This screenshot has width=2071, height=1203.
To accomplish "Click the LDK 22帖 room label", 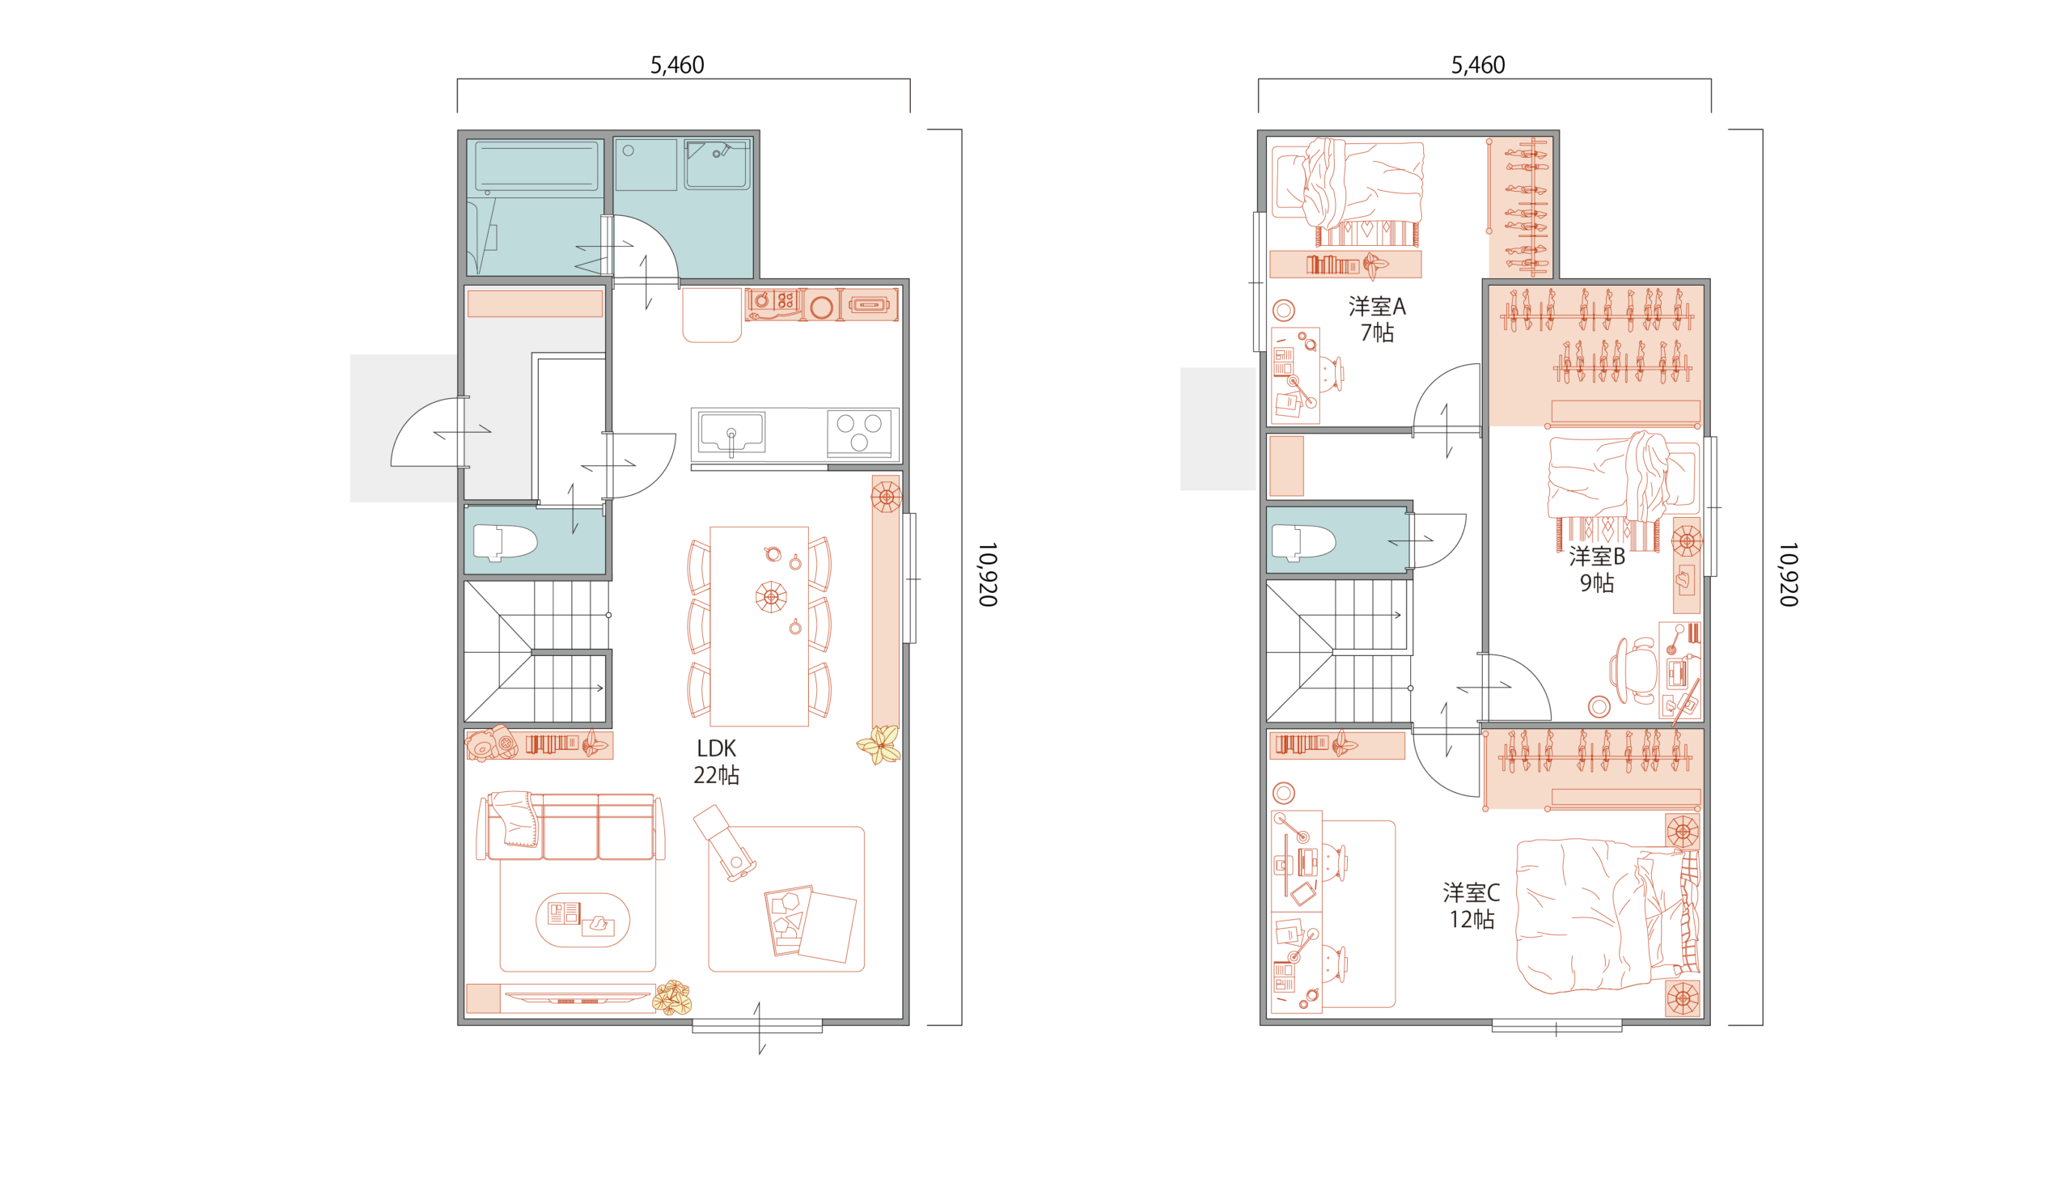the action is [x=716, y=762].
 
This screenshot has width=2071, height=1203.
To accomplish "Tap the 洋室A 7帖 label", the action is [x=1378, y=320].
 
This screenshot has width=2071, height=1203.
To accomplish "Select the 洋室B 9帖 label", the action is [x=1597, y=570].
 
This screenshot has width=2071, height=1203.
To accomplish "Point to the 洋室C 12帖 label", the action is [x=1471, y=906].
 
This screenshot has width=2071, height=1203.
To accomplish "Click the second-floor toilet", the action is [x=1303, y=542].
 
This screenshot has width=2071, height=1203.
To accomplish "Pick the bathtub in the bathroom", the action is [x=536, y=166].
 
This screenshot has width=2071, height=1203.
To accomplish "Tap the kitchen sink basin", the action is [x=731, y=433].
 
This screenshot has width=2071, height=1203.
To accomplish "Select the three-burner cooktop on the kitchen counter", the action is [x=859, y=433].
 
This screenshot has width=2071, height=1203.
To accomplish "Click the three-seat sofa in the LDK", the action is [x=570, y=826].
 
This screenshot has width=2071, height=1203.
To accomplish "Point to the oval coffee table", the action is [x=582, y=921].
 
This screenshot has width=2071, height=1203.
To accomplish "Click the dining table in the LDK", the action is [x=759, y=627].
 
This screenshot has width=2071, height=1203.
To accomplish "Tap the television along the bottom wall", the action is [x=577, y=998].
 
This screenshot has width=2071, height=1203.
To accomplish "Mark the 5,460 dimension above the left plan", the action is [x=677, y=65].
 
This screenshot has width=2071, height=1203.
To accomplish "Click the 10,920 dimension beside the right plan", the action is [x=1789, y=574].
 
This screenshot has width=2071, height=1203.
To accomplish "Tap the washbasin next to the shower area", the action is [x=717, y=164].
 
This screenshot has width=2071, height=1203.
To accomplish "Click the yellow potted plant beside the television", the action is [x=672, y=998].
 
